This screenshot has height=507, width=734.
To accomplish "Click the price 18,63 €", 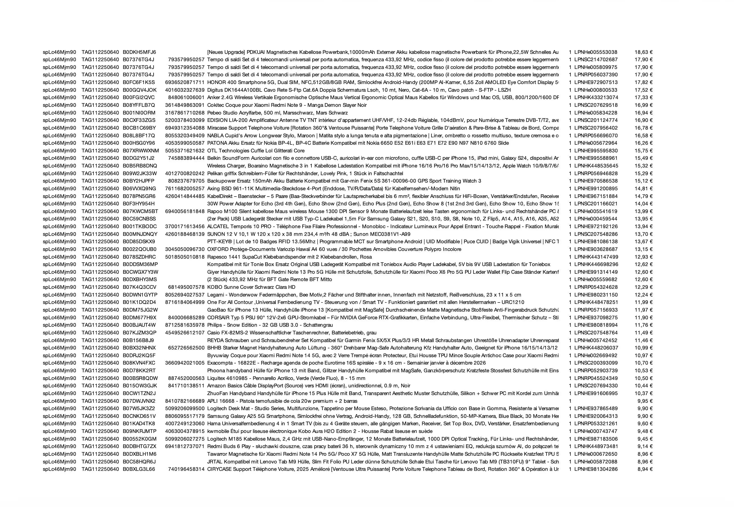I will pos(643,52).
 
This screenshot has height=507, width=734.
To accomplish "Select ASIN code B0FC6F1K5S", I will pos(139,82).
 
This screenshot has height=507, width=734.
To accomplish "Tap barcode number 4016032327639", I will pos(185,90).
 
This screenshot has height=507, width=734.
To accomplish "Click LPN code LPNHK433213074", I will pos(596,97).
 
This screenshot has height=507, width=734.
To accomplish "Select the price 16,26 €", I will pos(643,143).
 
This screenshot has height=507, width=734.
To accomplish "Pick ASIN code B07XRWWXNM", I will pos(141,151).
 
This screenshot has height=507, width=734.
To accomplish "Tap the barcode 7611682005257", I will pos(185,189).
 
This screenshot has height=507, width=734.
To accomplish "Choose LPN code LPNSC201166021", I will pos(596,204).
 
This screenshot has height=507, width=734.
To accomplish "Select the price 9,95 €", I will pos(645,401).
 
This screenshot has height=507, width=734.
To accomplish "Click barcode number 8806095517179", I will pos(185,416).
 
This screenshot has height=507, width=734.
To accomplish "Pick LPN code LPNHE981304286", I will pos(596,469).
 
